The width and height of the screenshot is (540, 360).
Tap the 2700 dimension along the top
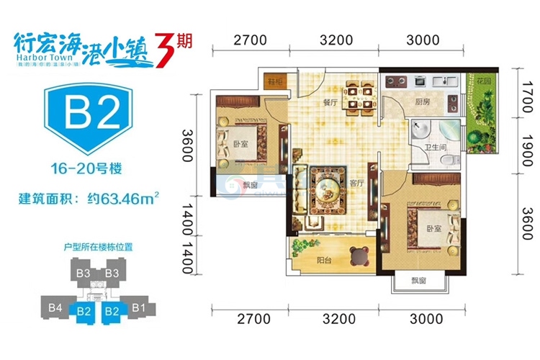pos(251,40)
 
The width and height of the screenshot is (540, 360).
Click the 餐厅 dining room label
pos(330,103)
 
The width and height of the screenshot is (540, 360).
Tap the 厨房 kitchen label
pos(421,103)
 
